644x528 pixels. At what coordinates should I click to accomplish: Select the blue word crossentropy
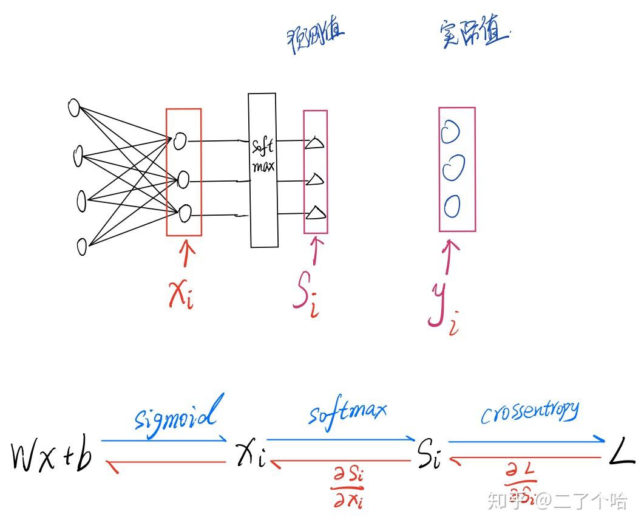coord(529,413)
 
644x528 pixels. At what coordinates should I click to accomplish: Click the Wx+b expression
coord(52,458)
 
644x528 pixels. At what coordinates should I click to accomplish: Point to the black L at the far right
coord(622,456)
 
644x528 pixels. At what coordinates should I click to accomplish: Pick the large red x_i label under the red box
coord(180,294)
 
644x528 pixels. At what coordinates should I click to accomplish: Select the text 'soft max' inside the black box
coord(263,155)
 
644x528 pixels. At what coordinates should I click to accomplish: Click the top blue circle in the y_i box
coord(450,132)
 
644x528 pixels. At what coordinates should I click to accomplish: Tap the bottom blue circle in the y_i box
coord(451,207)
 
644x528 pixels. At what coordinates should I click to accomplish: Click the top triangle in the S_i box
coord(314,143)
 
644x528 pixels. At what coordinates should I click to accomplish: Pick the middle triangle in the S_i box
coord(314,179)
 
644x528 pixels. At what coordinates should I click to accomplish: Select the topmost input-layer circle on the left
coord(74,108)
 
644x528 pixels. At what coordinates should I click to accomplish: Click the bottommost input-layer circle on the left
coord(82,246)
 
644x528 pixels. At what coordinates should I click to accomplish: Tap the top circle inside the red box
coord(180,141)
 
